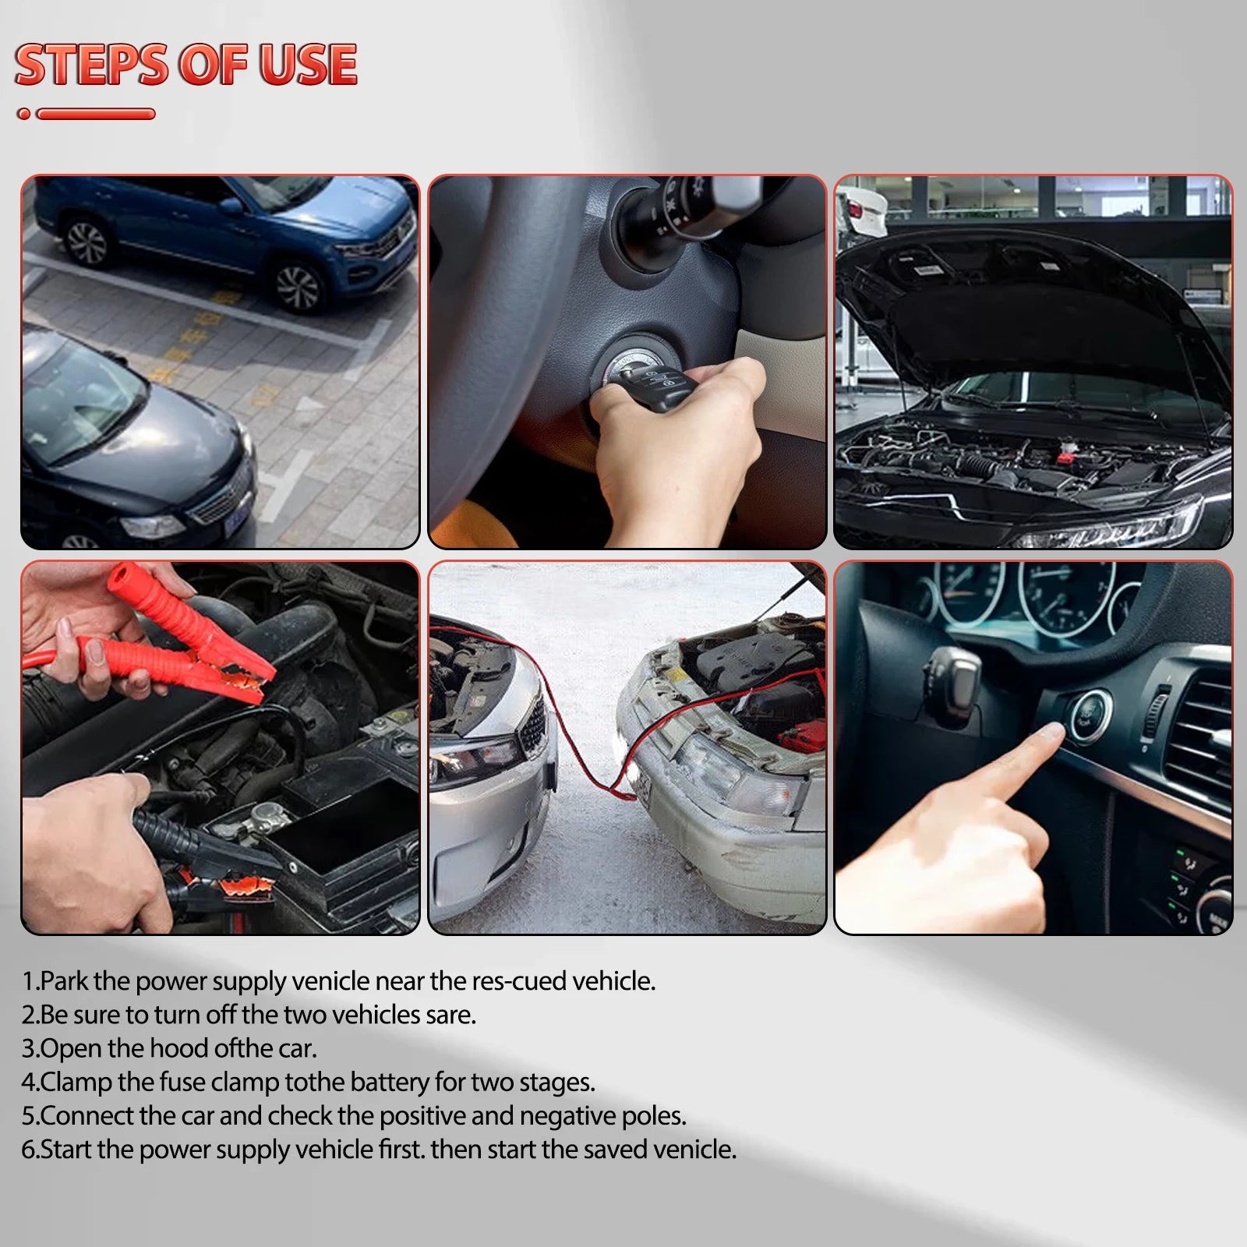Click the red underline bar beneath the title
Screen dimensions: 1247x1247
[95, 114]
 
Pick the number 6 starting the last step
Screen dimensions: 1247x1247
[28, 1150]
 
